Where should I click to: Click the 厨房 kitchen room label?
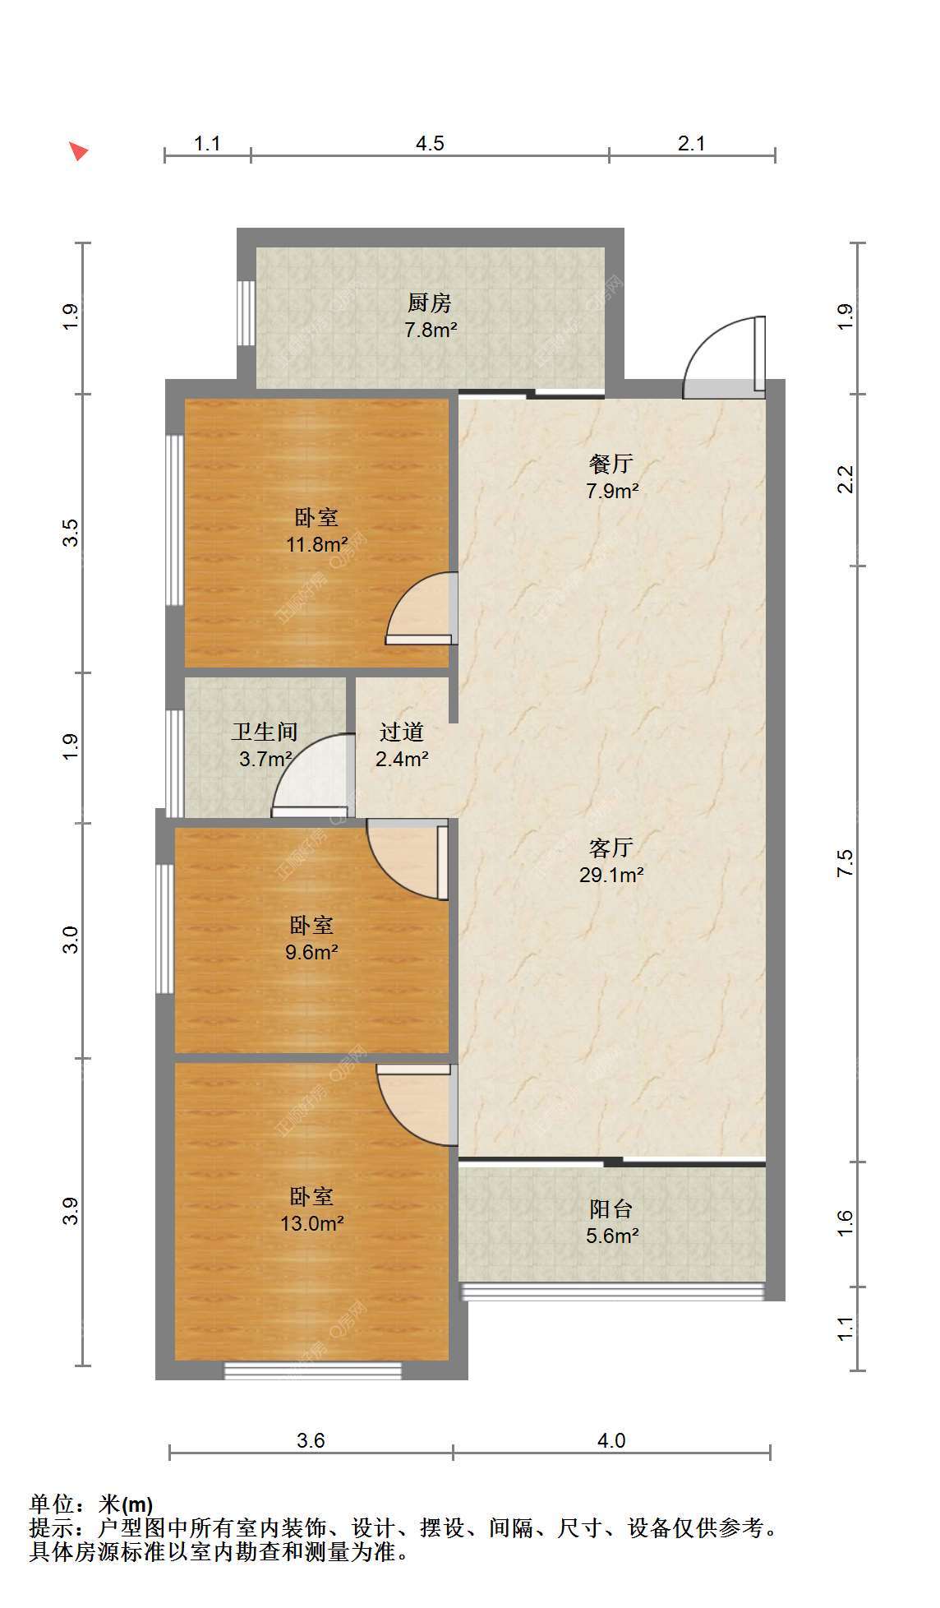click(430, 303)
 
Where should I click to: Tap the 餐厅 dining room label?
click(611, 464)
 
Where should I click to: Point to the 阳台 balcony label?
click(611, 1208)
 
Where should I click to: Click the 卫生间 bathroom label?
click(265, 732)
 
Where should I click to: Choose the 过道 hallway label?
click(402, 732)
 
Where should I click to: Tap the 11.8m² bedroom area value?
click(316, 544)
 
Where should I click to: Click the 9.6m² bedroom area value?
click(311, 952)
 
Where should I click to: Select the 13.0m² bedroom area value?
click(312, 1223)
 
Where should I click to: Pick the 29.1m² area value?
click(611, 875)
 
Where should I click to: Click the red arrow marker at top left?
click(78, 151)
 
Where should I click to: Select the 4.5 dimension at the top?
click(430, 144)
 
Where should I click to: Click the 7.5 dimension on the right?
click(846, 862)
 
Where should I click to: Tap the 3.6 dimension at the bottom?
click(311, 1440)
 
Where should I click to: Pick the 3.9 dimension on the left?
click(71, 1211)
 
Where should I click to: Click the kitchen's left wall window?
click(246, 313)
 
